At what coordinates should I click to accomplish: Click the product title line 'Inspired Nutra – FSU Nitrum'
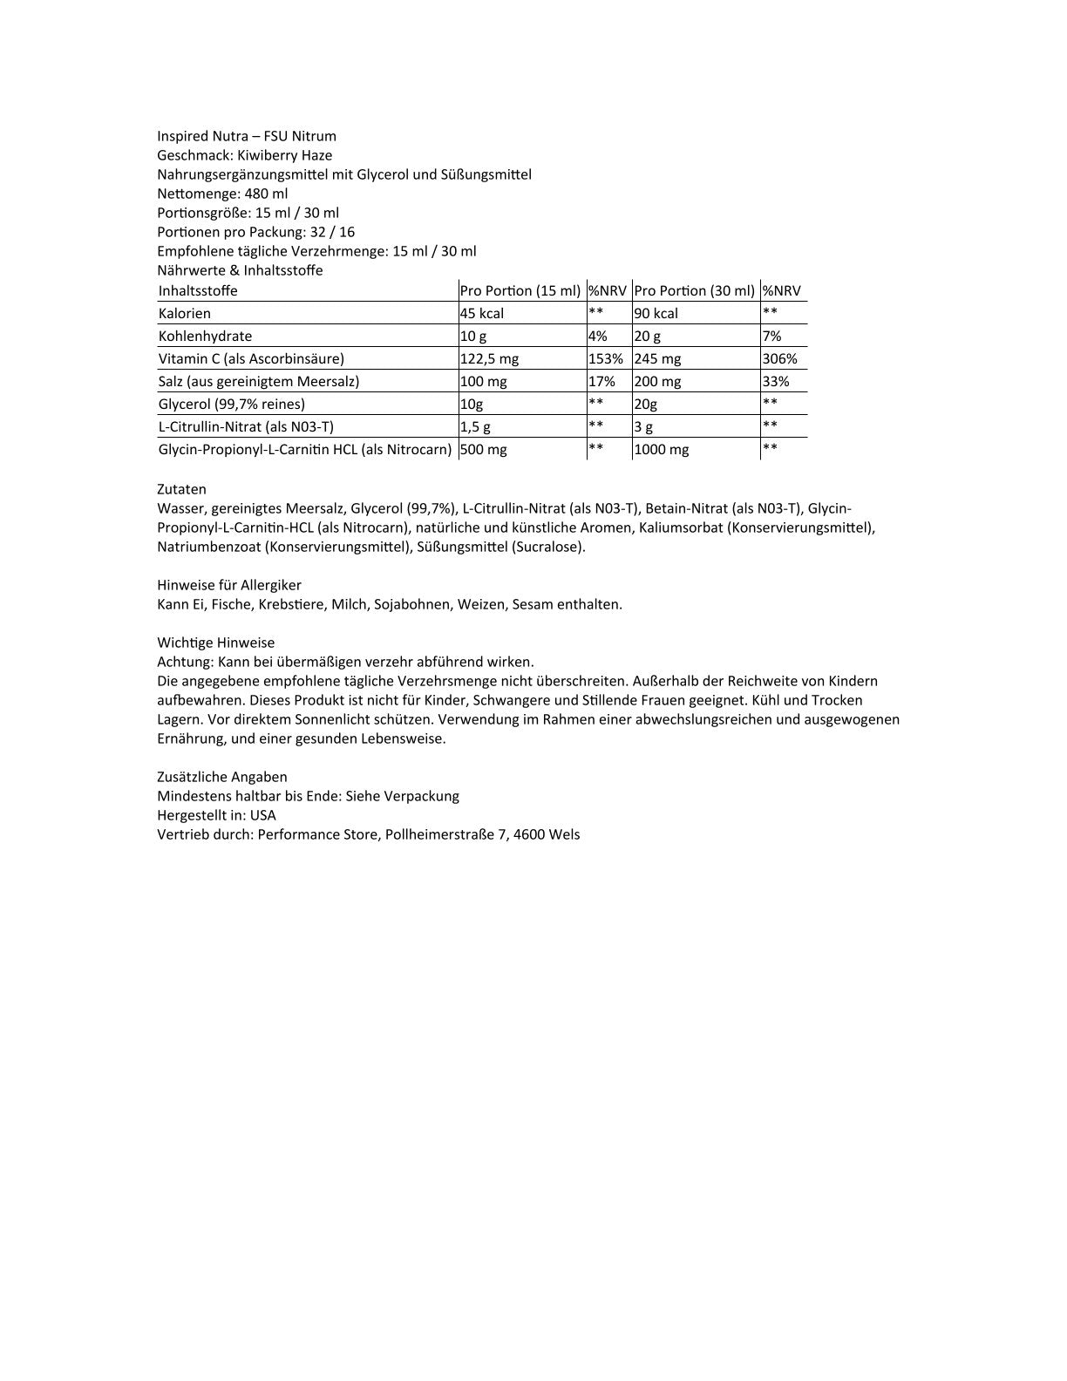point(247,136)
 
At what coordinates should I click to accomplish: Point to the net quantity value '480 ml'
point(266,194)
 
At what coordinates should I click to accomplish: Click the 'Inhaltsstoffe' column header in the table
point(198,291)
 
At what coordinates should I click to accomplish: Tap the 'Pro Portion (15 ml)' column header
point(520,291)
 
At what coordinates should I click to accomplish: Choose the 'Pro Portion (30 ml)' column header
point(695,291)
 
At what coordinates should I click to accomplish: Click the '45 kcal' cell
point(482,314)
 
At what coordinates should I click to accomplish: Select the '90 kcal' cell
point(656,314)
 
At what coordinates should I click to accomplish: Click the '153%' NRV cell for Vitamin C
point(606,359)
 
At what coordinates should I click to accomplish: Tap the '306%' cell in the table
point(779,359)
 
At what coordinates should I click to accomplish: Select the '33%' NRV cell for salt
point(776,382)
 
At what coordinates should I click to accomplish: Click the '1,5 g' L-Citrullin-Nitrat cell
point(475,427)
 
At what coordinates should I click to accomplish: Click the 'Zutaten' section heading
point(181,489)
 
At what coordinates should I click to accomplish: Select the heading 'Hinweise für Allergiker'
point(229,585)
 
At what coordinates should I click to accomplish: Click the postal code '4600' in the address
point(529,834)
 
